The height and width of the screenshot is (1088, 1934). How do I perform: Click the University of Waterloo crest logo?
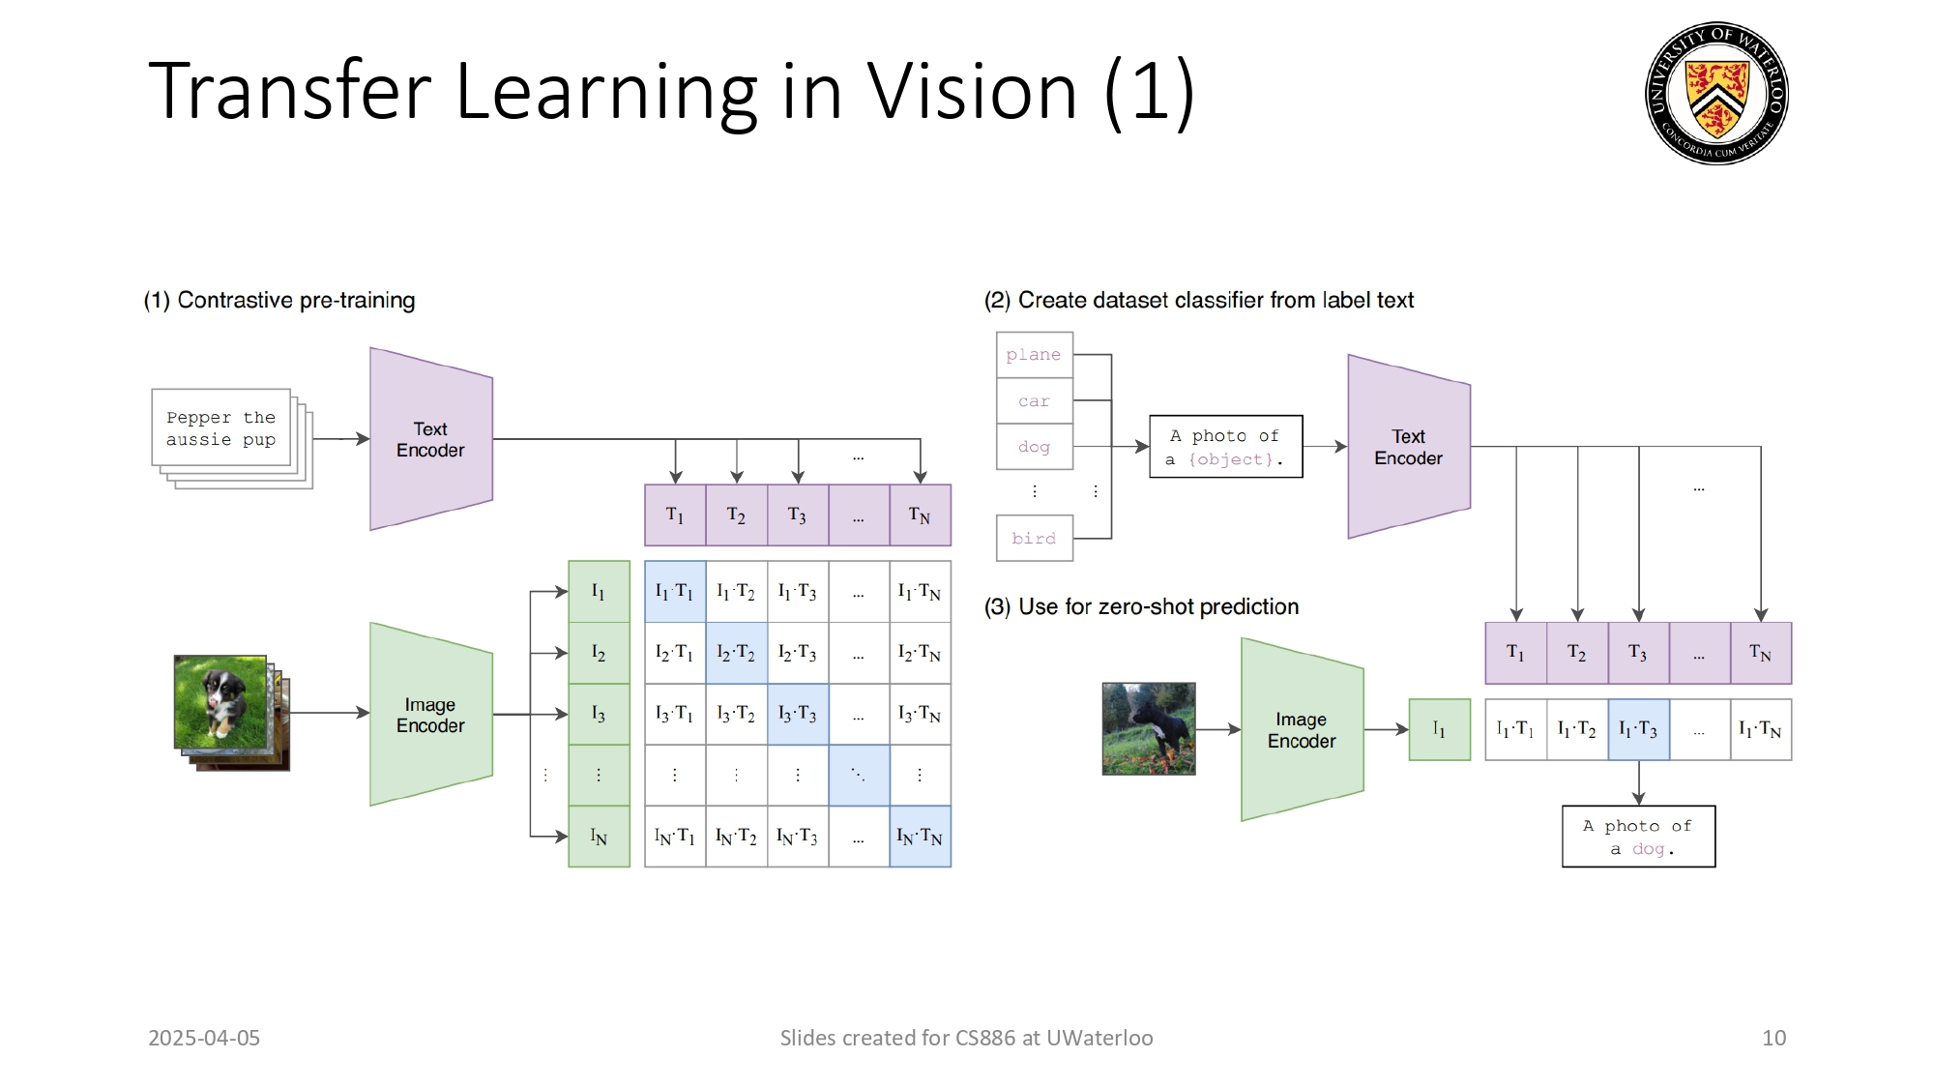[x=1716, y=93]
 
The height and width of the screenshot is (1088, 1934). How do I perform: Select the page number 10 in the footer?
[x=1773, y=1038]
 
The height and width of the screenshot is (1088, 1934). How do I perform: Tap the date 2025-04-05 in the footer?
[x=204, y=1038]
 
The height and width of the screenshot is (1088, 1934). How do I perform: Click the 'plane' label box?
[x=1034, y=355]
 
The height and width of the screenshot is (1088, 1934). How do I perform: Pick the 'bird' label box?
[x=1034, y=538]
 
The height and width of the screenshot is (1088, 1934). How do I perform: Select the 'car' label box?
[x=1034, y=400]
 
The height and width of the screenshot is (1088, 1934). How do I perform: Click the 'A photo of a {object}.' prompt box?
[x=1225, y=447]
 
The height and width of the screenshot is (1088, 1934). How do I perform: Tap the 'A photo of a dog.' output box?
[x=1638, y=837]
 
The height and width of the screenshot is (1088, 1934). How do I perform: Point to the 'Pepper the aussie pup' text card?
[x=221, y=428]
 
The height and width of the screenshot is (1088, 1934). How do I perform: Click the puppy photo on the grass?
[x=221, y=703]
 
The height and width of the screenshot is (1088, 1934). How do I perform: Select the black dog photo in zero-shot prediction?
[x=1149, y=728]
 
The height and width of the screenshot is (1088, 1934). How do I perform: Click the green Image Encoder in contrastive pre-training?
[x=430, y=715]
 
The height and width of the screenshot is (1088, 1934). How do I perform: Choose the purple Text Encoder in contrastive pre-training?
[x=430, y=439]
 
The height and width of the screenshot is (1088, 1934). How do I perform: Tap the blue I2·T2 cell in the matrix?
[x=736, y=653]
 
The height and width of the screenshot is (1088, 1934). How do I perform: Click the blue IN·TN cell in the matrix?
[x=920, y=837]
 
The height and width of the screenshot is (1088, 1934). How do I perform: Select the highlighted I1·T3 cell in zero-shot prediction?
[x=1638, y=730]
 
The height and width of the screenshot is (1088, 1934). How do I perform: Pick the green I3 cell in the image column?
[x=599, y=714]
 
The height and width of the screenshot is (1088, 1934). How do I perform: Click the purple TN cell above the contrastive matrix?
[x=920, y=515]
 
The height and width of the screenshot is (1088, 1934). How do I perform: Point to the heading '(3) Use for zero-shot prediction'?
[x=1141, y=606]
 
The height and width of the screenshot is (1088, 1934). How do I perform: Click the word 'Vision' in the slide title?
[x=971, y=92]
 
